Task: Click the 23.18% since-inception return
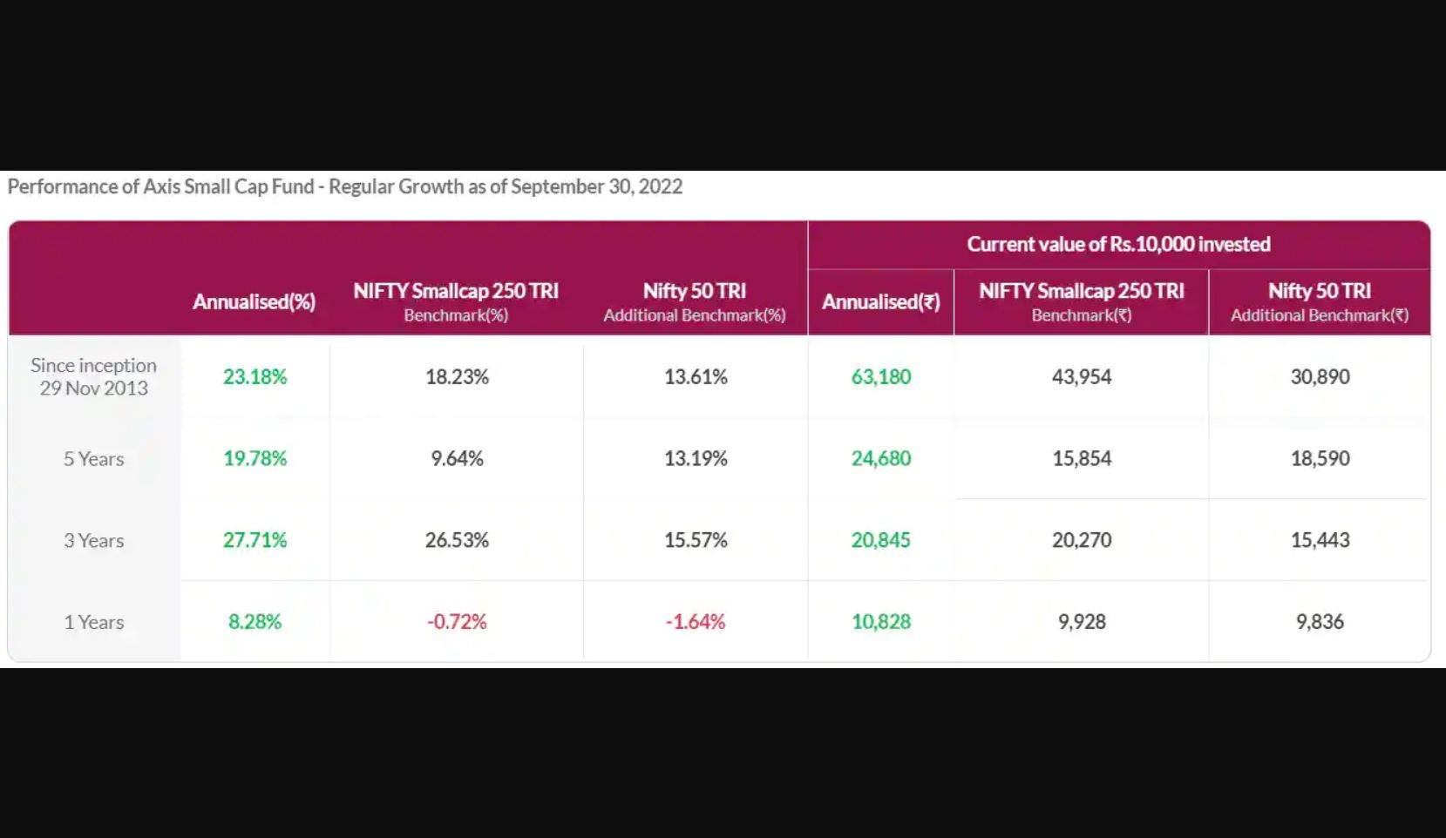coord(255,376)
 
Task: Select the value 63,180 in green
coord(880,376)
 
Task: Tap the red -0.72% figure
coord(457,621)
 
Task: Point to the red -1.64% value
coord(695,621)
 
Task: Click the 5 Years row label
coord(93,458)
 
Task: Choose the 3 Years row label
coord(93,540)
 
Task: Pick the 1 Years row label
coord(93,622)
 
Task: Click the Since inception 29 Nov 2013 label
coord(93,376)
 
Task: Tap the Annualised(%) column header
coord(254,301)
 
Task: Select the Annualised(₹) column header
coord(880,301)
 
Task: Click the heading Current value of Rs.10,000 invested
coord(1118,244)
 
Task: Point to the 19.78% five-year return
coord(255,458)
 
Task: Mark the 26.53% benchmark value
coord(457,540)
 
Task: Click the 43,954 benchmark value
coord(1081,376)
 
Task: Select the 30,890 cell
coord(1320,376)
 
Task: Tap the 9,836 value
coord(1320,621)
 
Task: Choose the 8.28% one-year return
coord(255,621)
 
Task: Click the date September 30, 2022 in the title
coord(596,186)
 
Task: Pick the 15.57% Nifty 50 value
coord(695,540)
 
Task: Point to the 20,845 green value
coord(880,540)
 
